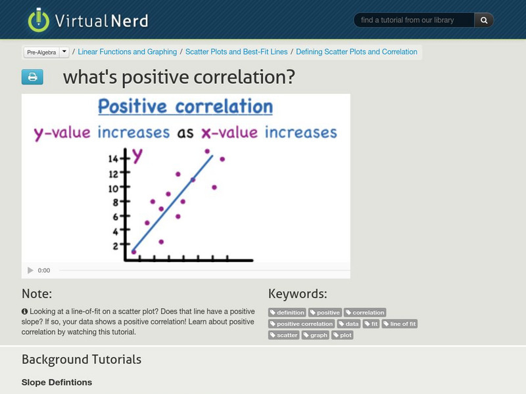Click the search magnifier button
[484, 20]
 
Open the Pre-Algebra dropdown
[64, 52]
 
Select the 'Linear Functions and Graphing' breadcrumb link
[128, 52]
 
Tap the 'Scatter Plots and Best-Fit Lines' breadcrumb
[237, 52]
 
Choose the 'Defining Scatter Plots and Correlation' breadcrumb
[356, 52]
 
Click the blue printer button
[32, 77]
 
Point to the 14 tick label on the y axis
[113, 159]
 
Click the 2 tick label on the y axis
[116, 246]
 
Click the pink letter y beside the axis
[137, 155]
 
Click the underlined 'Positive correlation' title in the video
[185, 106]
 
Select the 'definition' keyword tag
[288, 313]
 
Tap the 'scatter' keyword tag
[284, 335]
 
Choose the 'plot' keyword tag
[343, 335]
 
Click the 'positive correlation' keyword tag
[302, 324]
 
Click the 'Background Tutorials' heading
[82, 359]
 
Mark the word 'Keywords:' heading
[297, 294]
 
